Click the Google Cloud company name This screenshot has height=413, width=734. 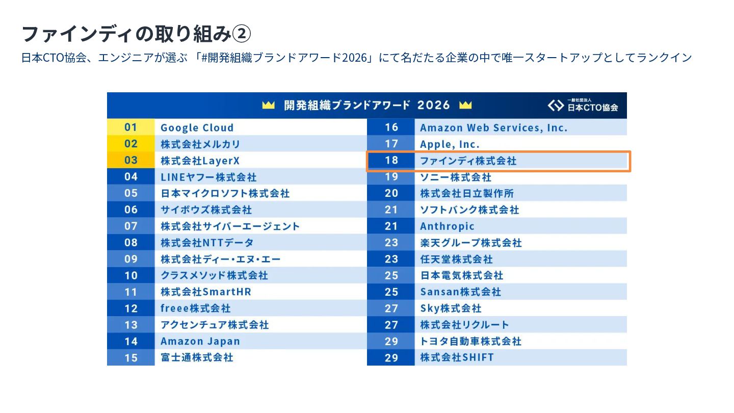(197, 127)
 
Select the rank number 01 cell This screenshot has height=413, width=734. (130, 127)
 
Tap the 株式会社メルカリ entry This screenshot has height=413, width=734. (200, 144)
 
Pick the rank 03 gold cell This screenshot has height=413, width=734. (130, 160)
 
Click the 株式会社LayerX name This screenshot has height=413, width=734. (200, 161)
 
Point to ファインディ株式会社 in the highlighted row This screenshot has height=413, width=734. (468, 161)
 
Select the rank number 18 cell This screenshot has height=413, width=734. (391, 160)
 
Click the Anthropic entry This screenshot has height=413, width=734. (447, 226)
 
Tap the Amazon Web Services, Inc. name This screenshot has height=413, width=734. (493, 127)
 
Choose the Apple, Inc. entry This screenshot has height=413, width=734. (450, 144)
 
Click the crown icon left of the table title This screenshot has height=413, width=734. (268, 105)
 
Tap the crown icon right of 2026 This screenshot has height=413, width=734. (465, 105)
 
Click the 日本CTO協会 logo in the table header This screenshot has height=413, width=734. (583, 106)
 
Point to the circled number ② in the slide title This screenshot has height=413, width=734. (242, 34)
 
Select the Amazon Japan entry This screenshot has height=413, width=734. (200, 341)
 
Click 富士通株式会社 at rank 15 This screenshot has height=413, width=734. (197, 357)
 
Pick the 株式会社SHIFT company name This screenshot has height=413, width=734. (457, 357)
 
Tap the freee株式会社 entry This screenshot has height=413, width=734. (196, 308)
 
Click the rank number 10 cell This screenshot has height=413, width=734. (130, 275)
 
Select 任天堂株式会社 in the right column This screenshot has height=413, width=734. (457, 259)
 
